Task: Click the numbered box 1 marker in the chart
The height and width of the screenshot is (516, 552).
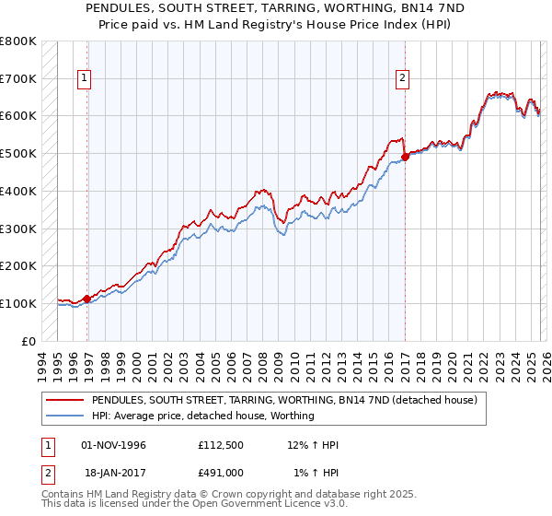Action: pos(84,79)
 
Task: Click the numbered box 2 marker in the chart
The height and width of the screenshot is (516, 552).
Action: pos(403,79)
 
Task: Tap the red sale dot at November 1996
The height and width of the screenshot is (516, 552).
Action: pos(87,299)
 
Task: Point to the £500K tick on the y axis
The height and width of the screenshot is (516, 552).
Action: pos(18,153)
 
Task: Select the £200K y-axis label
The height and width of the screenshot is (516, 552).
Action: pos(18,265)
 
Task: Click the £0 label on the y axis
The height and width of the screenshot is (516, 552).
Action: pos(29,341)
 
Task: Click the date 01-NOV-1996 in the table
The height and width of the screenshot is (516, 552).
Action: pos(113,445)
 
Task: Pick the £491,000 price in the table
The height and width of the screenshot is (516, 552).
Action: pos(220,473)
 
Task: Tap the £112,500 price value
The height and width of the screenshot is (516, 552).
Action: pos(220,445)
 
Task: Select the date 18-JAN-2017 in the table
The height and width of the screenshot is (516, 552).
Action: pos(113,473)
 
